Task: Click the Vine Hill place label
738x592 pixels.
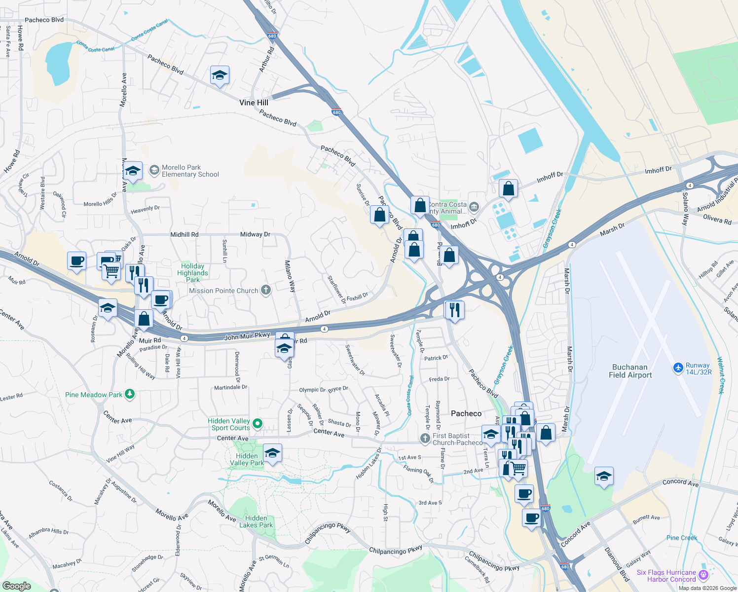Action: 254,103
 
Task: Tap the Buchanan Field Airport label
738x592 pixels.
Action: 630,371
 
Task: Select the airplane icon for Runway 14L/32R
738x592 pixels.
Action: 678,368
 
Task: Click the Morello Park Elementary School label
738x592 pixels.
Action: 190,171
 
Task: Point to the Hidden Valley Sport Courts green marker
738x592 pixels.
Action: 258,424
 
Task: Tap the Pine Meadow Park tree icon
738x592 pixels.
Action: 130,394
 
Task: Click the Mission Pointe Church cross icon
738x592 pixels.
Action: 266,290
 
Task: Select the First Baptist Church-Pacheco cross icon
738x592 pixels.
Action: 425,438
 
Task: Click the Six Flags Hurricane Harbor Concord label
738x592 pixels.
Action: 666,576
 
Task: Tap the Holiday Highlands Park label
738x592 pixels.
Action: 192,273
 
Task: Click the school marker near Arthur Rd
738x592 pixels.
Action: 220,75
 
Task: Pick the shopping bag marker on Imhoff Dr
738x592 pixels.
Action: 508,189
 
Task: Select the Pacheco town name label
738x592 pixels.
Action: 466,413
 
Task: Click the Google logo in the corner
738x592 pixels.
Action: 16,586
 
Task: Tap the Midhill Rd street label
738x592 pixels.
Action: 184,234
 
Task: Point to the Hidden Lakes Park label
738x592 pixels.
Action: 256,521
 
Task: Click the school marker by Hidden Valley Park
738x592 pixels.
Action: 272,453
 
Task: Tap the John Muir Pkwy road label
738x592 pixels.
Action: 247,336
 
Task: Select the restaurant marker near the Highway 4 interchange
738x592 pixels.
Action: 454,310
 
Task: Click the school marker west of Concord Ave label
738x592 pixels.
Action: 604,477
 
